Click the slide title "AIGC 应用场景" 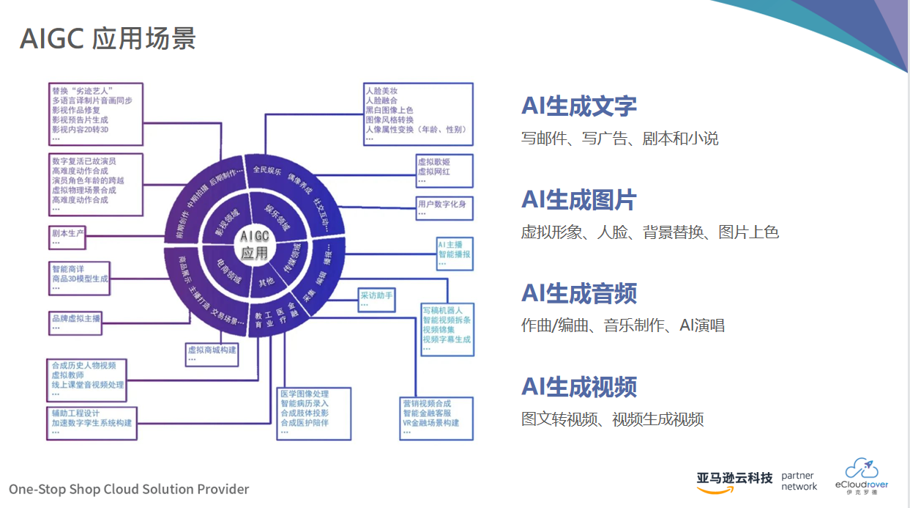coord(108,38)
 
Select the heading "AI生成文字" coord(578,106)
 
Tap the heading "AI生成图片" coord(578,200)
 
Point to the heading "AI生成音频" coord(578,293)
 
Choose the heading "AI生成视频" coord(578,387)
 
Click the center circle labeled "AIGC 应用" coord(255,245)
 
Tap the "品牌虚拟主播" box coord(76,322)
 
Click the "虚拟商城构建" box coord(212,353)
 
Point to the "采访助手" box coord(377,299)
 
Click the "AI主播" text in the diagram coord(450,244)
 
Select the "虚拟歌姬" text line coord(433,161)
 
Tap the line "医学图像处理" coord(305,394)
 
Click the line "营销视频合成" coord(427,404)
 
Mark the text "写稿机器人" coord(442,310)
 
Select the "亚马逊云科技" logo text coord(734,479)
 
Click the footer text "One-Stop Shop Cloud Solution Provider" coord(129,489)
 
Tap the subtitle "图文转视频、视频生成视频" coord(612,419)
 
